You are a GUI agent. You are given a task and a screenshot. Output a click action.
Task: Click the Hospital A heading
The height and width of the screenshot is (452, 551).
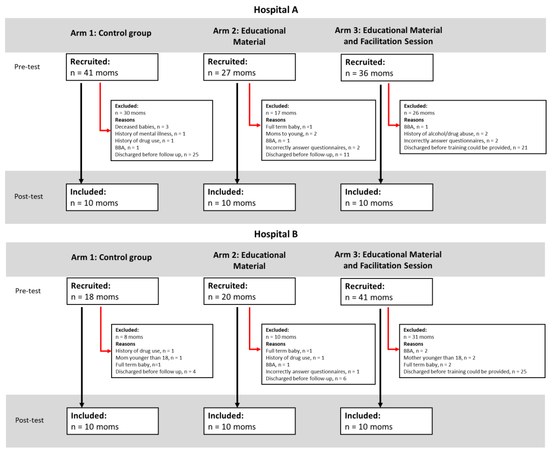click(276, 10)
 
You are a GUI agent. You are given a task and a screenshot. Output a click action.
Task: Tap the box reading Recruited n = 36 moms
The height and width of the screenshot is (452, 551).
click(387, 68)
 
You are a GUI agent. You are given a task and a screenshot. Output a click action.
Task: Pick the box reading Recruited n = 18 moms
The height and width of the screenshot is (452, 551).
click(112, 291)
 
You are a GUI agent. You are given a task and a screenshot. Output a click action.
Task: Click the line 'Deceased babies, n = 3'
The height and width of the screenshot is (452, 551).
click(142, 127)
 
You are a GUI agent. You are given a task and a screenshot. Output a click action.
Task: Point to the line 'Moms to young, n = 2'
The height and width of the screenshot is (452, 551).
click(291, 134)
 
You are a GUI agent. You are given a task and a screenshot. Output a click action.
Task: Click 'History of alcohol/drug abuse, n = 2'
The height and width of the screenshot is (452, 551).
click(446, 134)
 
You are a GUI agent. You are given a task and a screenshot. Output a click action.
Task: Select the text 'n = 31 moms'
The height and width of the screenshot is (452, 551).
click(419, 337)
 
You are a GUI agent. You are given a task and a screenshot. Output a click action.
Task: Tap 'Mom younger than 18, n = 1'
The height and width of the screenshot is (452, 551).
click(149, 358)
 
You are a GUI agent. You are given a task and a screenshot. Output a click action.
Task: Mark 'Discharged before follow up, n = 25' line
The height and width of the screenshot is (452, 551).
click(156, 155)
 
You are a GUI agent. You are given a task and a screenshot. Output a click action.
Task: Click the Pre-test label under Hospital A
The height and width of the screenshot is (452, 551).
click(27, 67)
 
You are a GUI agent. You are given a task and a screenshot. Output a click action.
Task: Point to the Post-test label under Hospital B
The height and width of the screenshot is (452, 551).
click(29, 420)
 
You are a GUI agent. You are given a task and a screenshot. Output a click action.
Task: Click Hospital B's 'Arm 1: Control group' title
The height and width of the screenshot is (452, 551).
click(111, 257)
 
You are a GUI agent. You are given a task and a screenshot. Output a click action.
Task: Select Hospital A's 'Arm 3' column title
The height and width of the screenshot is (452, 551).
click(388, 36)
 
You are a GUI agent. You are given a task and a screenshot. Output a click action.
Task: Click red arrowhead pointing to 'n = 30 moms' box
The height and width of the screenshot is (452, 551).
click(109, 130)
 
